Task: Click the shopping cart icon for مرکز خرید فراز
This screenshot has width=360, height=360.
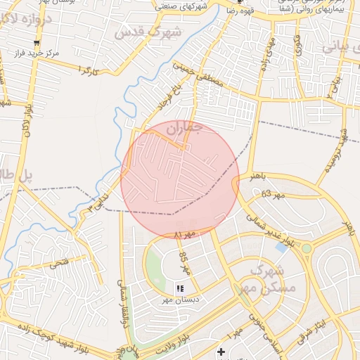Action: click(37, 43)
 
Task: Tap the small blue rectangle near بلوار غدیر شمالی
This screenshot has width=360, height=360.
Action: click(282, 247)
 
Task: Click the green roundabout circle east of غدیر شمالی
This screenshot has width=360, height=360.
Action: click(307, 248)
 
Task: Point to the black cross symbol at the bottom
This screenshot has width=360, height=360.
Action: click(221, 351)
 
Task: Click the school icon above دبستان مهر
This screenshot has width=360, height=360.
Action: click(180, 288)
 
